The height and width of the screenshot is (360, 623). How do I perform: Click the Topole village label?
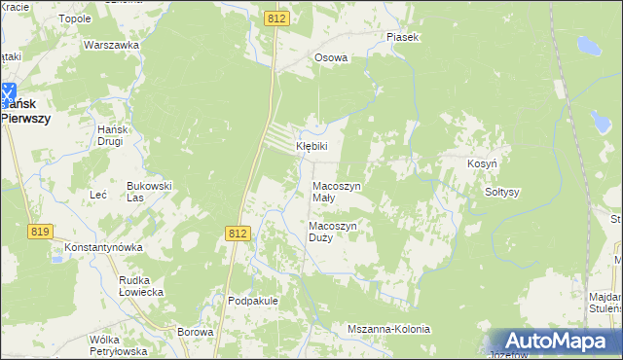(75, 18)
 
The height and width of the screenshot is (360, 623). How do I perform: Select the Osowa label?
(331, 57)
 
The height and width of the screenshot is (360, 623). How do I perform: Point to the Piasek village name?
(402, 37)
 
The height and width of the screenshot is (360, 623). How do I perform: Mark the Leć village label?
(97, 195)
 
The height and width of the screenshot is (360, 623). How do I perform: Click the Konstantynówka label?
(104, 247)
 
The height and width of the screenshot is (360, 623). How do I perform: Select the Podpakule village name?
(253, 301)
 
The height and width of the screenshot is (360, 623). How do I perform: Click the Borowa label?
(196, 332)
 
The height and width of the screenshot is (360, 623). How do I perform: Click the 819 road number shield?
(40, 231)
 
